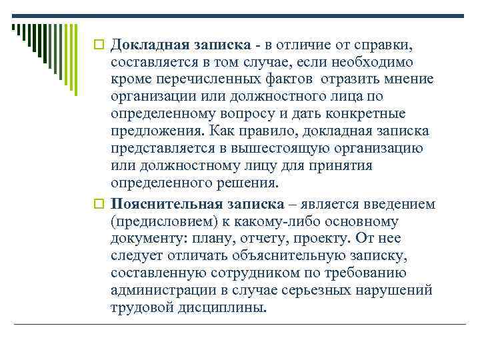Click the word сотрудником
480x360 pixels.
click(x=247, y=273)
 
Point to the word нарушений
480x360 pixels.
click(x=395, y=291)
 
